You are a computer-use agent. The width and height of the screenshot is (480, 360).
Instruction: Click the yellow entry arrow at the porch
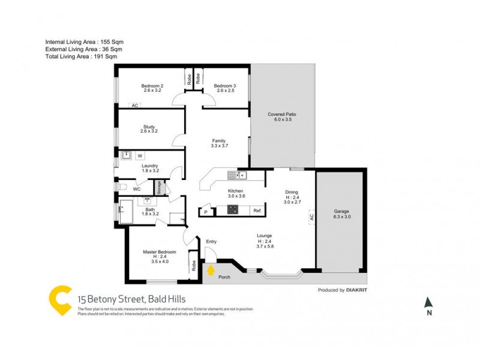[x=211, y=271]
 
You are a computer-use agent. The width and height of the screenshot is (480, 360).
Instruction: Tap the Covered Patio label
[x=282, y=117]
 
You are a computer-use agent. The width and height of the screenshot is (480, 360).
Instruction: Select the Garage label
[x=341, y=214]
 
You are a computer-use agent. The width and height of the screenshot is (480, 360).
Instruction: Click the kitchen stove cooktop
[x=232, y=209]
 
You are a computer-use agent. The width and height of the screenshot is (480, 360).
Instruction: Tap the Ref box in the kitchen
[x=256, y=211]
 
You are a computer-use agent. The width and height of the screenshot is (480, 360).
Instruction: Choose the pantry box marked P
[x=206, y=211]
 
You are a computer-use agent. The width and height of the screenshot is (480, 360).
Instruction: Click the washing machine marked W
[x=140, y=156]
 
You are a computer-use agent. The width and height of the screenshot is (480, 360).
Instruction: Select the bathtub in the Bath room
[x=126, y=213]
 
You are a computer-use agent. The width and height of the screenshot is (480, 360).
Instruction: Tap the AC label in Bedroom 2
[x=135, y=105]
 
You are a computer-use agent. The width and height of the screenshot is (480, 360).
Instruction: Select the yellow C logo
[x=60, y=300]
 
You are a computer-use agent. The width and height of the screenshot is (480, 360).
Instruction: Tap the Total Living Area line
[x=81, y=56]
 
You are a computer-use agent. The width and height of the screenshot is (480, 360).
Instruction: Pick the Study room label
[x=149, y=129]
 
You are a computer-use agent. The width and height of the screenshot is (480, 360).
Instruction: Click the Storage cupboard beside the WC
[x=160, y=187]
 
